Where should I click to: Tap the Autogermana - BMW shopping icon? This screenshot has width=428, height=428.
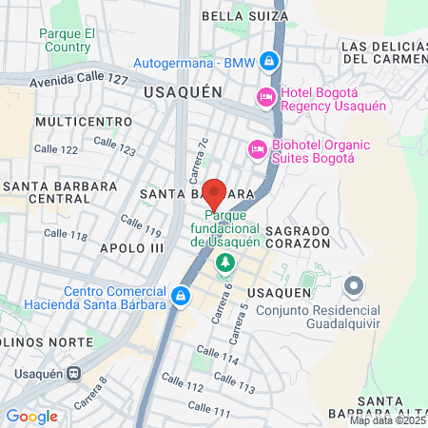[269, 62]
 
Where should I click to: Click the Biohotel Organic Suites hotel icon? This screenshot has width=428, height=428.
[256, 149]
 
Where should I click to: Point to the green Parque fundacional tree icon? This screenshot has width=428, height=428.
[225, 262]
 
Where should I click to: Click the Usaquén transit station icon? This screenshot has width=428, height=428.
[73, 374]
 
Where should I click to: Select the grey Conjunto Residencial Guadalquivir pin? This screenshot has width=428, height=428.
[354, 285]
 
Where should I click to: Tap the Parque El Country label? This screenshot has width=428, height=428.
[66, 40]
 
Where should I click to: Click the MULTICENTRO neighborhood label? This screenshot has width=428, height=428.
[84, 122]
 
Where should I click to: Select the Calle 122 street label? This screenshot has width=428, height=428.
[55, 149]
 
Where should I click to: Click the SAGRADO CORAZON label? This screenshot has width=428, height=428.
[298, 237]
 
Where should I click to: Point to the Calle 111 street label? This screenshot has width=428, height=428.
[210, 409]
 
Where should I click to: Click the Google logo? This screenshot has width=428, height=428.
[31, 417]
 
